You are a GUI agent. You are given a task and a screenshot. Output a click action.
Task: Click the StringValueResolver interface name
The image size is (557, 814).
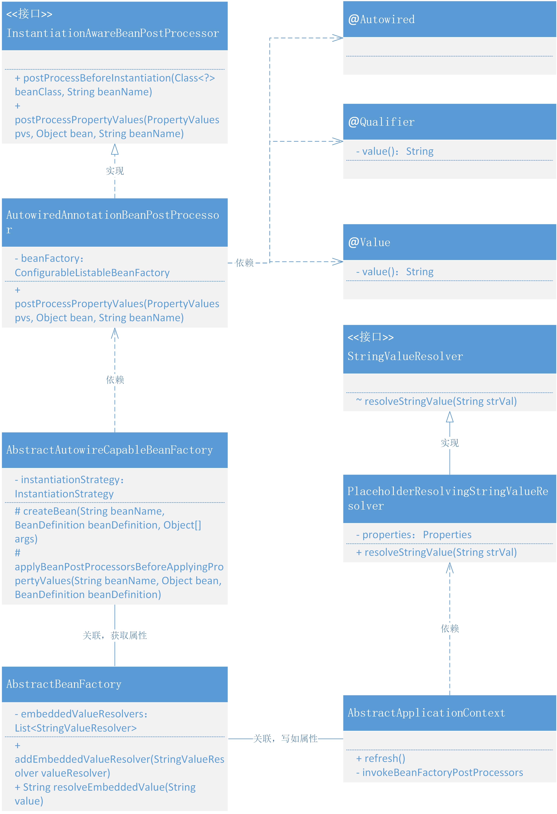click(x=405, y=356)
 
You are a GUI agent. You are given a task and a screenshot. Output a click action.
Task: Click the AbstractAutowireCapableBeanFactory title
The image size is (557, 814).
click(x=109, y=450)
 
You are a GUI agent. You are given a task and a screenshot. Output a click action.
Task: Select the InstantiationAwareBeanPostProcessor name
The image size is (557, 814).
click(x=113, y=33)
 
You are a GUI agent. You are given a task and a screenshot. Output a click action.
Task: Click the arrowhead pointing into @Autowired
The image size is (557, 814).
click(x=338, y=38)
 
